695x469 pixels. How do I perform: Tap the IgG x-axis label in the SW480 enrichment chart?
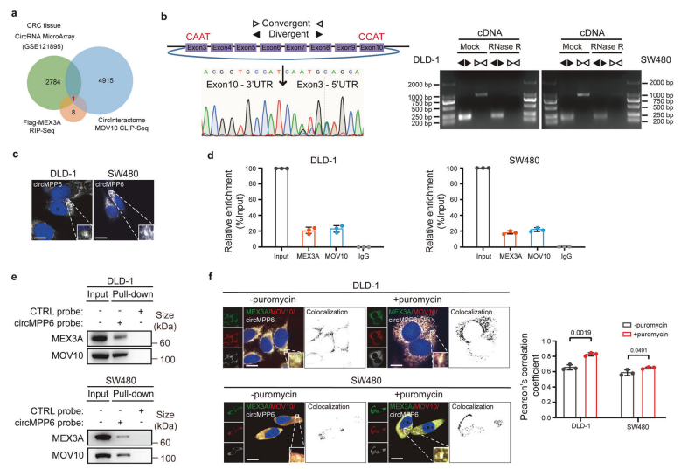pyautogui.click(x=566, y=263)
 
